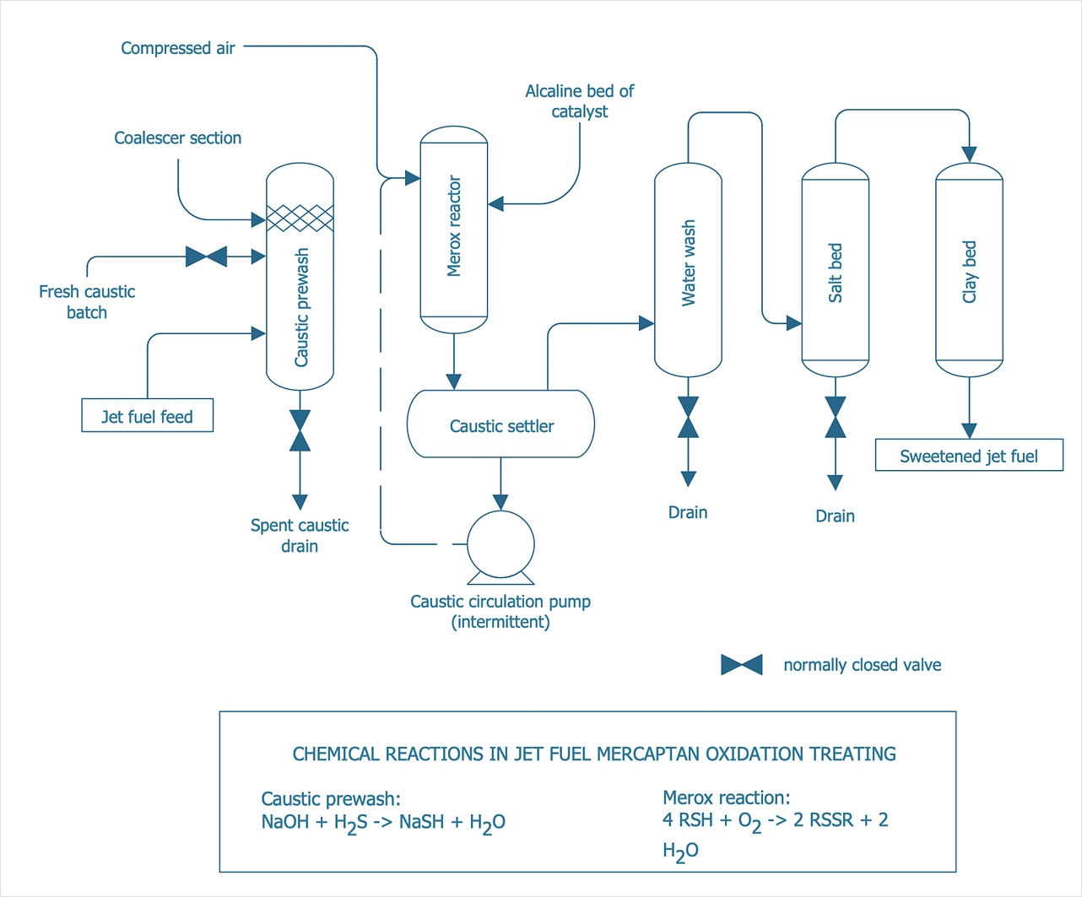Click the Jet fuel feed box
click(147, 415)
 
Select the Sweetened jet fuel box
click(969, 455)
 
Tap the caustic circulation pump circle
click(500, 544)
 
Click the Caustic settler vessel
click(500, 424)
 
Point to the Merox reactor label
click(453, 226)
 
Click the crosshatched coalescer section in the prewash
click(300, 218)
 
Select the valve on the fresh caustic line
click(206, 257)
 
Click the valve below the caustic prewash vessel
click(300, 430)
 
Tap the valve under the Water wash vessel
click(688, 417)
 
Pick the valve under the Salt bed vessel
click(836, 417)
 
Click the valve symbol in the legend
click(742, 665)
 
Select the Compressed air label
click(178, 48)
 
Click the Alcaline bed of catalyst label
click(579, 101)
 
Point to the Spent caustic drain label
click(300, 535)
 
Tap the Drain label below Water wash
click(688, 512)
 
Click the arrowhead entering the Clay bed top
click(970, 154)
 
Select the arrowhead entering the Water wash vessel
click(646, 323)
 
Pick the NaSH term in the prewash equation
click(421, 821)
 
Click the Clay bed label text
click(969, 272)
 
